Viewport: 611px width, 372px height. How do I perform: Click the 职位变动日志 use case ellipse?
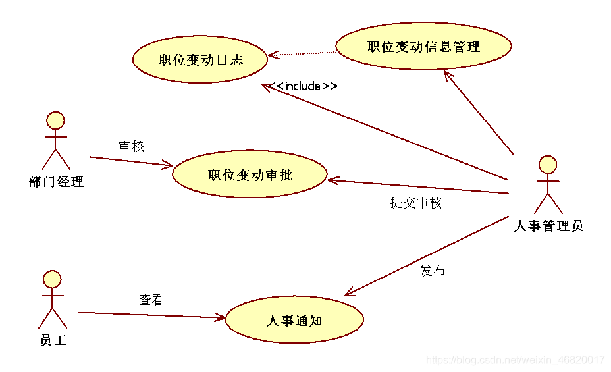pos(201,59)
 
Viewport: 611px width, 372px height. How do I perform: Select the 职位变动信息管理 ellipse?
pos(423,46)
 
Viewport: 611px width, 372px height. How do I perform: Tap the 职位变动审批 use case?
pos(250,174)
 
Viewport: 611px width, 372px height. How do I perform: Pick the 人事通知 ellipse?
pos(294,320)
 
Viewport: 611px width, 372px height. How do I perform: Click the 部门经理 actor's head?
pos(55,120)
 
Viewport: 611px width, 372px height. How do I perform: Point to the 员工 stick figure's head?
pos(51,279)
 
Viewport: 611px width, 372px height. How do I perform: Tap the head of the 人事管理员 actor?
pos(548,165)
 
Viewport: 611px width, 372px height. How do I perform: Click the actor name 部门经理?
pos(57,182)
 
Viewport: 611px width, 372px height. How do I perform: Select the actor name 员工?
pos(53,340)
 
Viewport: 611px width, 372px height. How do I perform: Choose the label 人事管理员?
pos(548,226)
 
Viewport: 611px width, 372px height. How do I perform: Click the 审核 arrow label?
pos(132,146)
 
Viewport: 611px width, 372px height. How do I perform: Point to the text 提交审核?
pos(416,203)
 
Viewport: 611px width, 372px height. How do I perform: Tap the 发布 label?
pos(433,271)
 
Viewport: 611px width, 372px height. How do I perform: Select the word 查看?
pos(151,300)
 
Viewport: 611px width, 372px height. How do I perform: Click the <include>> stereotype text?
pos(307,86)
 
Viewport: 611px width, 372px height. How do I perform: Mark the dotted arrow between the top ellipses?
pos(303,53)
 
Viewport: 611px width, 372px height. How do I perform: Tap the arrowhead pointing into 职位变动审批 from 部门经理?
pos(168,165)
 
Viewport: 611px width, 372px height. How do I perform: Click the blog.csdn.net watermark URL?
pos(516,360)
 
